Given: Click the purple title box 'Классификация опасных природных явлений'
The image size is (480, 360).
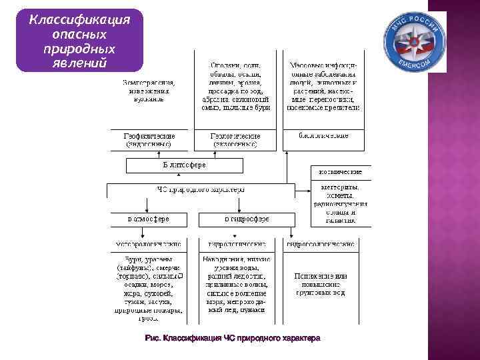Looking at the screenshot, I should coord(80,40).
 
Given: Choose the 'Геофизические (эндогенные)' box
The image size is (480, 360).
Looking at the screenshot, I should coord(149,139).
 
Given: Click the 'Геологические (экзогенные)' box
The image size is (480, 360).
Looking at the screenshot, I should coord(234,139).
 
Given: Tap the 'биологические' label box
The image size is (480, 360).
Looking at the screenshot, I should coord(323,136).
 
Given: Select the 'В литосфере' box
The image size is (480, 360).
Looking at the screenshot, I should coord(185,165).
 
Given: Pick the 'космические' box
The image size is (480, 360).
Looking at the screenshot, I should coord(341,171).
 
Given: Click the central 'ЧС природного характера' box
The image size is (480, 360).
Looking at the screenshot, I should coord(201,189).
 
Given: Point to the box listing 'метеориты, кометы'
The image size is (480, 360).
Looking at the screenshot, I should coord(341,203).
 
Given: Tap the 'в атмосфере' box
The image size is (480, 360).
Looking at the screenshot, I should coord(149,219).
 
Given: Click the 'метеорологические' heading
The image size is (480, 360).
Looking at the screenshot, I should coord(149,244).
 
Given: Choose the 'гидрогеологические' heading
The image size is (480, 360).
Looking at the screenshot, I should coord(323,244).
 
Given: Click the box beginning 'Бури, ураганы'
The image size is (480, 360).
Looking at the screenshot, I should coord(149,285).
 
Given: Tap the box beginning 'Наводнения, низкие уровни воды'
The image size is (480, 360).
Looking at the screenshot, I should coord(236,284).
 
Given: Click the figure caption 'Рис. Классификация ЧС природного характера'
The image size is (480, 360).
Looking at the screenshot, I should coord(232,338).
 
